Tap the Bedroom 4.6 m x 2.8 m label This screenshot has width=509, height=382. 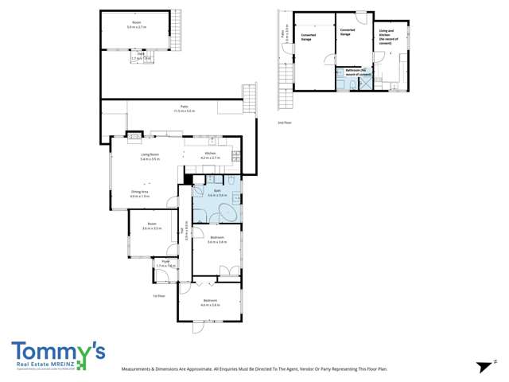(x=209, y=302)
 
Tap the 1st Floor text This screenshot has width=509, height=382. (x=158, y=296)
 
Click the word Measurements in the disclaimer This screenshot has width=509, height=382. (x=140, y=369)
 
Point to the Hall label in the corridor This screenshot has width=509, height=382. (x=185, y=232)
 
